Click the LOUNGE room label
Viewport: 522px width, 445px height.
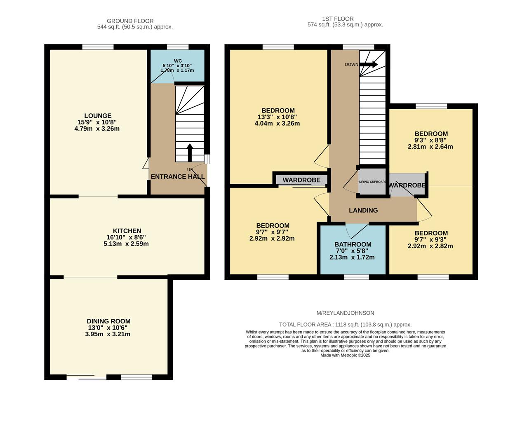click(x=98, y=116)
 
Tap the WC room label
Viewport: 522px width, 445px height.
click(x=178, y=61)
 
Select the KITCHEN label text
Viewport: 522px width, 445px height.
click(x=127, y=231)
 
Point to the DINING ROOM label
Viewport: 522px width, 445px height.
click(x=108, y=321)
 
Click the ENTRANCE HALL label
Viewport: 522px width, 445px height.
click(x=178, y=177)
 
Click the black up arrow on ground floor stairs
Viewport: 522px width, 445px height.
click(x=190, y=152)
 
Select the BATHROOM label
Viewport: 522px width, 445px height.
click(x=353, y=244)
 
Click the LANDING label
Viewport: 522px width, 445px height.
click(x=363, y=211)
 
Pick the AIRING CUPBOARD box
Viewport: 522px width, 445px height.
click(x=372, y=182)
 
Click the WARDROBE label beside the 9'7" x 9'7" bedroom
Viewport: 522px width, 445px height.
click(x=301, y=180)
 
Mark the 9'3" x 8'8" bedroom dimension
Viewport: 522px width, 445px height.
click(x=430, y=140)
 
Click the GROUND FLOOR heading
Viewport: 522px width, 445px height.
click(x=130, y=21)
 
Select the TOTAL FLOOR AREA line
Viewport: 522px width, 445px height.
click(x=345, y=325)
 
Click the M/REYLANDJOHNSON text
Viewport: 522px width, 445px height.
click(x=345, y=313)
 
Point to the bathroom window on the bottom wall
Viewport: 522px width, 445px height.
click(x=357, y=277)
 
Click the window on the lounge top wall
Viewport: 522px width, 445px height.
click(x=98, y=47)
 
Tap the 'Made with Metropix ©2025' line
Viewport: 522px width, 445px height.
click(x=345, y=355)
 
